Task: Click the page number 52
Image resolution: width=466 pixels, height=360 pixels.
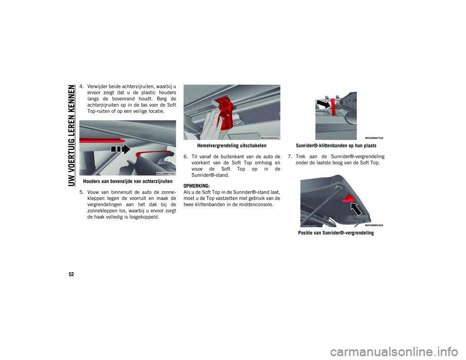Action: (71, 274)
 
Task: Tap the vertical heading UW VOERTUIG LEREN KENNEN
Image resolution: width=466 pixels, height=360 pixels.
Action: (71, 135)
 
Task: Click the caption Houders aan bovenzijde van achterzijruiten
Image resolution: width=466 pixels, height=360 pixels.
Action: (128, 181)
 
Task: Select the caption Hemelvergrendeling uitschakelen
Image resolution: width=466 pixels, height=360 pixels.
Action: (232, 146)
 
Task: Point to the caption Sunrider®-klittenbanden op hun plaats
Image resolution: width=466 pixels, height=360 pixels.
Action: (336, 146)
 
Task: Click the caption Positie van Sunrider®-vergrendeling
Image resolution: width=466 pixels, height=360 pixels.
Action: (336, 233)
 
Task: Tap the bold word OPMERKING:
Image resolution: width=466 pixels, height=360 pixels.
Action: (197, 186)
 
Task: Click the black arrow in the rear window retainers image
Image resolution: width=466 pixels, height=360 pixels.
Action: (121, 149)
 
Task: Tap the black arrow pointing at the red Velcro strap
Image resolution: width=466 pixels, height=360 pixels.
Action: (323, 104)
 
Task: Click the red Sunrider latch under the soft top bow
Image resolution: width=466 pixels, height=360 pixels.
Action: (347, 198)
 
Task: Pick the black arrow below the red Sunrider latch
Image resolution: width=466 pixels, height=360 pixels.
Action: (356, 209)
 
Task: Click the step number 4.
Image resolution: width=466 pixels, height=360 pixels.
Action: (81, 87)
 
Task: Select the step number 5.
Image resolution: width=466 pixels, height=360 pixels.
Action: (81, 192)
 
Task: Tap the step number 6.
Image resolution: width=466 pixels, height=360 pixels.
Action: (185, 157)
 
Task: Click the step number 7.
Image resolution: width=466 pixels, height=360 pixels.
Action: (289, 157)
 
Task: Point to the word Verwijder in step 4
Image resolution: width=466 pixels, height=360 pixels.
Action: (98, 87)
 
